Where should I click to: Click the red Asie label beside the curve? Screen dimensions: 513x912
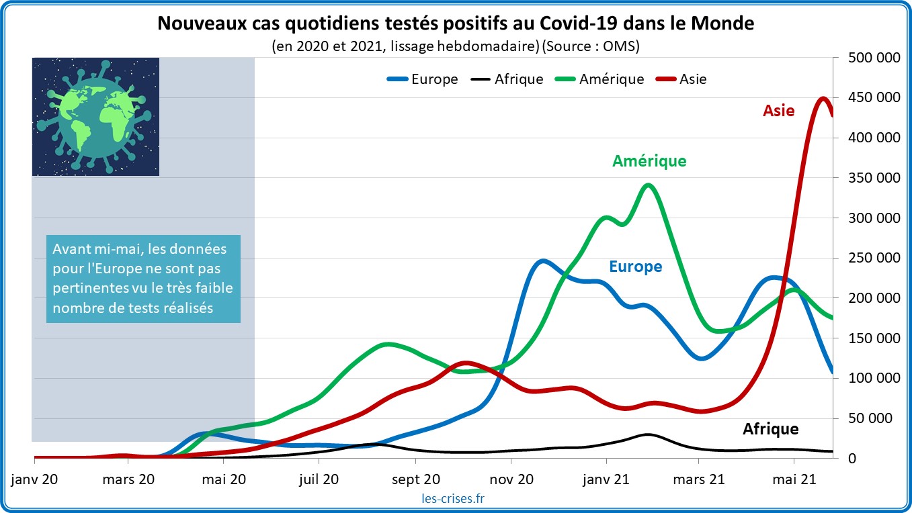click(778, 111)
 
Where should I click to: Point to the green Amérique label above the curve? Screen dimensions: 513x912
click(649, 161)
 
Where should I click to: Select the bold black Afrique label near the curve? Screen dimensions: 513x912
click(770, 428)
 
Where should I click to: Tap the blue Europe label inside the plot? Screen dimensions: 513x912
click(635, 267)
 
